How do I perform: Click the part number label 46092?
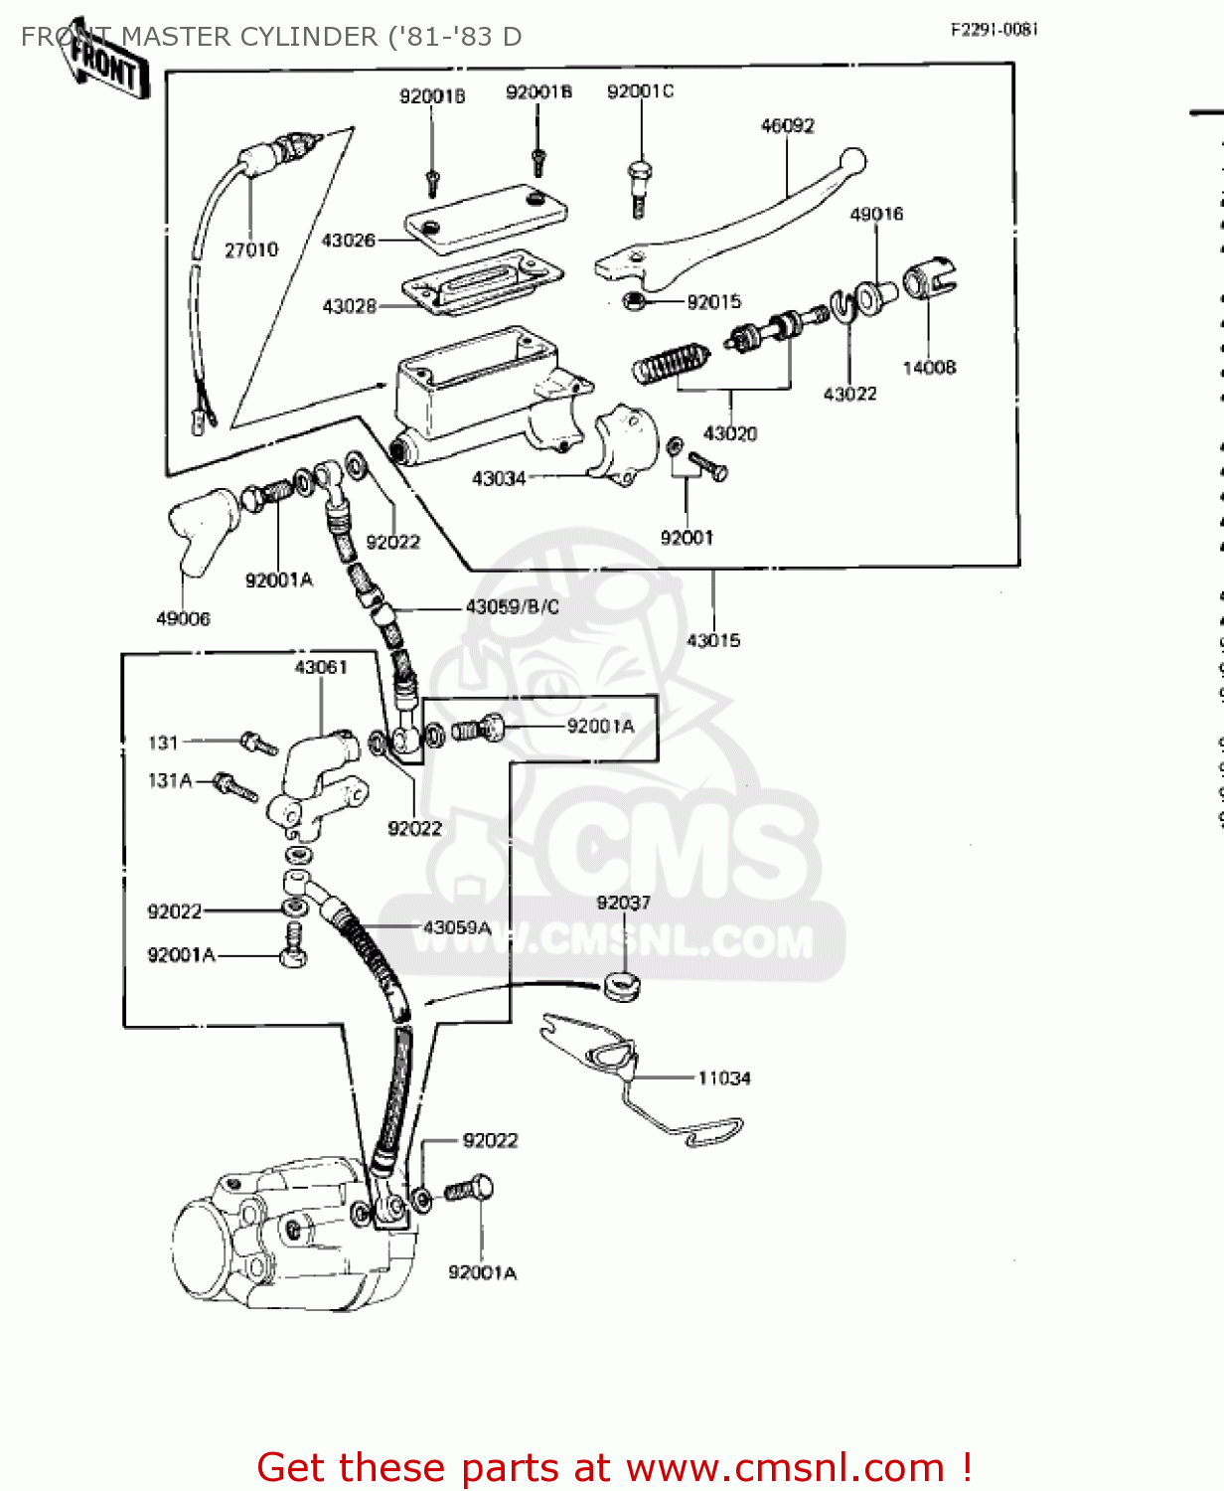point(787,126)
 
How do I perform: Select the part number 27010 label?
point(251,250)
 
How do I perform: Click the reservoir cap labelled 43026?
point(487,219)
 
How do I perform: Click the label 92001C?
point(640,91)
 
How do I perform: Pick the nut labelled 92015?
point(632,300)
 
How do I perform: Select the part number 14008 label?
point(929,368)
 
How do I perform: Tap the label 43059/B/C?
point(512,607)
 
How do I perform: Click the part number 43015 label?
point(713,641)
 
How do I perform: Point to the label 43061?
point(321,668)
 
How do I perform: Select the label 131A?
point(170,781)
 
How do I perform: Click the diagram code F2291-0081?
point(994,30)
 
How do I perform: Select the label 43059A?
point(457,928)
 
